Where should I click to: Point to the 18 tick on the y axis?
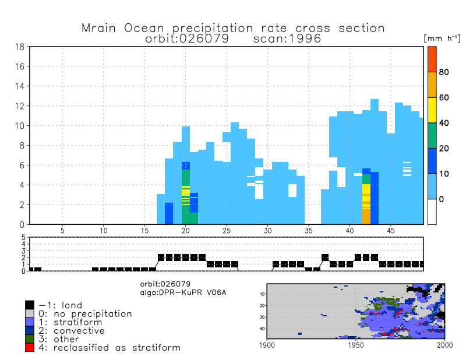(x=19, y=47)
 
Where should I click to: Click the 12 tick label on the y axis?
(x=19, y=106)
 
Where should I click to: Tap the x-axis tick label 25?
(x=227, y=231)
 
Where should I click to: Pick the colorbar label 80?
(x=444, y=72)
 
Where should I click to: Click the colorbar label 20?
(x=444, y=149)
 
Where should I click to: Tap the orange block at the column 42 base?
(x=366, y=216)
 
